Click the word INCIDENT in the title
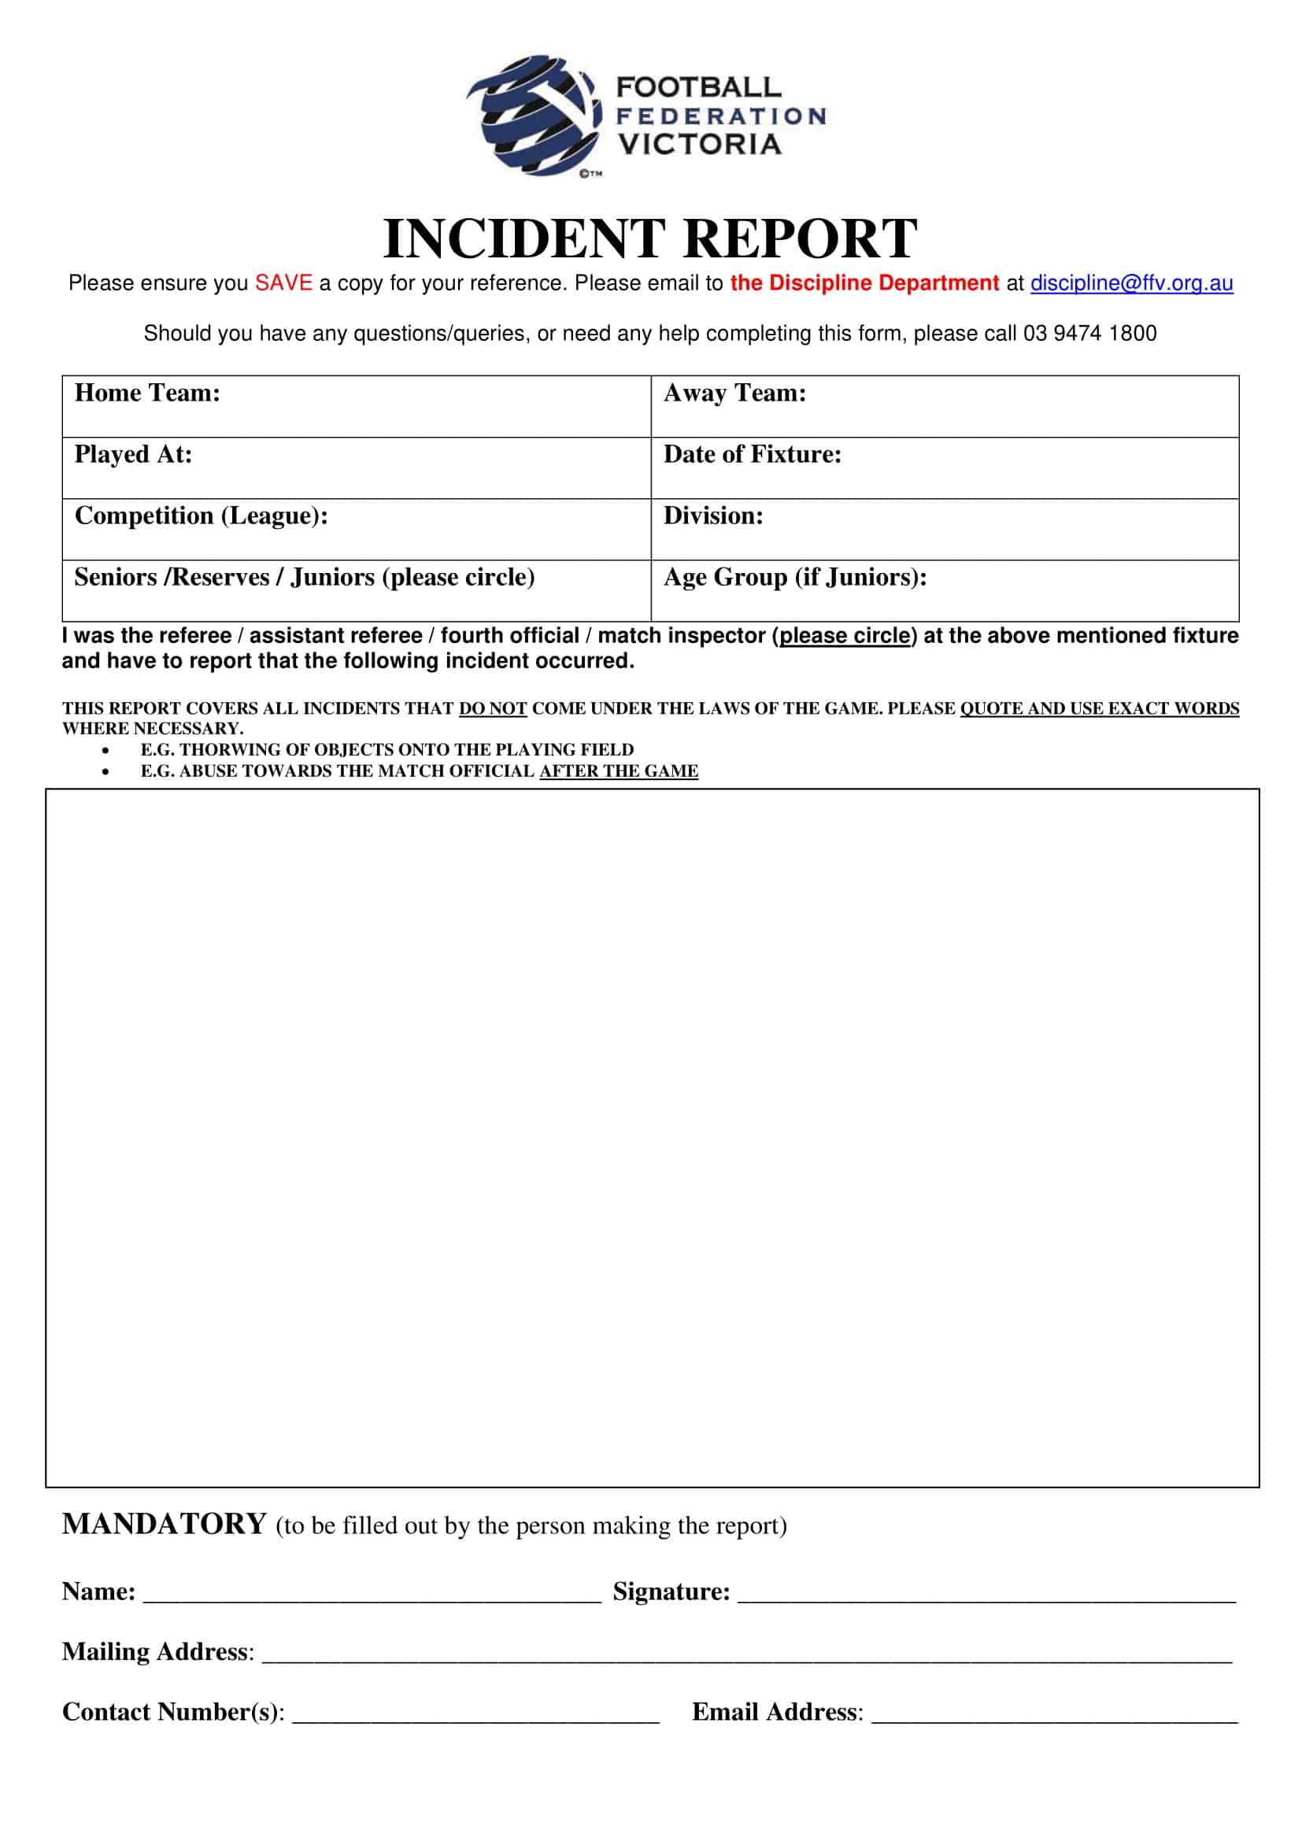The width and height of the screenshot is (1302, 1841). [523, 239]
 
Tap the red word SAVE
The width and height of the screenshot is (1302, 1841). [284, 283]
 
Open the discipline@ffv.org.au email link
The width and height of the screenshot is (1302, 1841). [1130, 283]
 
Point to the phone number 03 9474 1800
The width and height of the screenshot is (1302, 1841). [1089, 334]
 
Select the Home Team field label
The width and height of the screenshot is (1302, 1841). [147, 393]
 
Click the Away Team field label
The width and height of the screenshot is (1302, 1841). [734, 393]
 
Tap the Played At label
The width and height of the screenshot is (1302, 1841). [133, 455]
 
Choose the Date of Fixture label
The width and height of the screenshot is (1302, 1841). [752, 455]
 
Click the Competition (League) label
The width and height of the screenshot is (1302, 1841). [202, 516]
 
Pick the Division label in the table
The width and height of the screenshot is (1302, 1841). [712, 516]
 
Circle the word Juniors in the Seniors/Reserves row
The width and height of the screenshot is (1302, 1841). [332, 577]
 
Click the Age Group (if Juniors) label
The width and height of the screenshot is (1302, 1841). [794, 577]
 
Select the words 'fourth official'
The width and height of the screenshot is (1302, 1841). [510, 636]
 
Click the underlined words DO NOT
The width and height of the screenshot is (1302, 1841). [492, 709]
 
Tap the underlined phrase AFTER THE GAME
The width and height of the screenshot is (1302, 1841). [618, 771]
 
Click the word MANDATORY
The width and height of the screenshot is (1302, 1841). [165, 1525]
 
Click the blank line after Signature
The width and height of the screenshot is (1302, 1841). [986, 1594]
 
